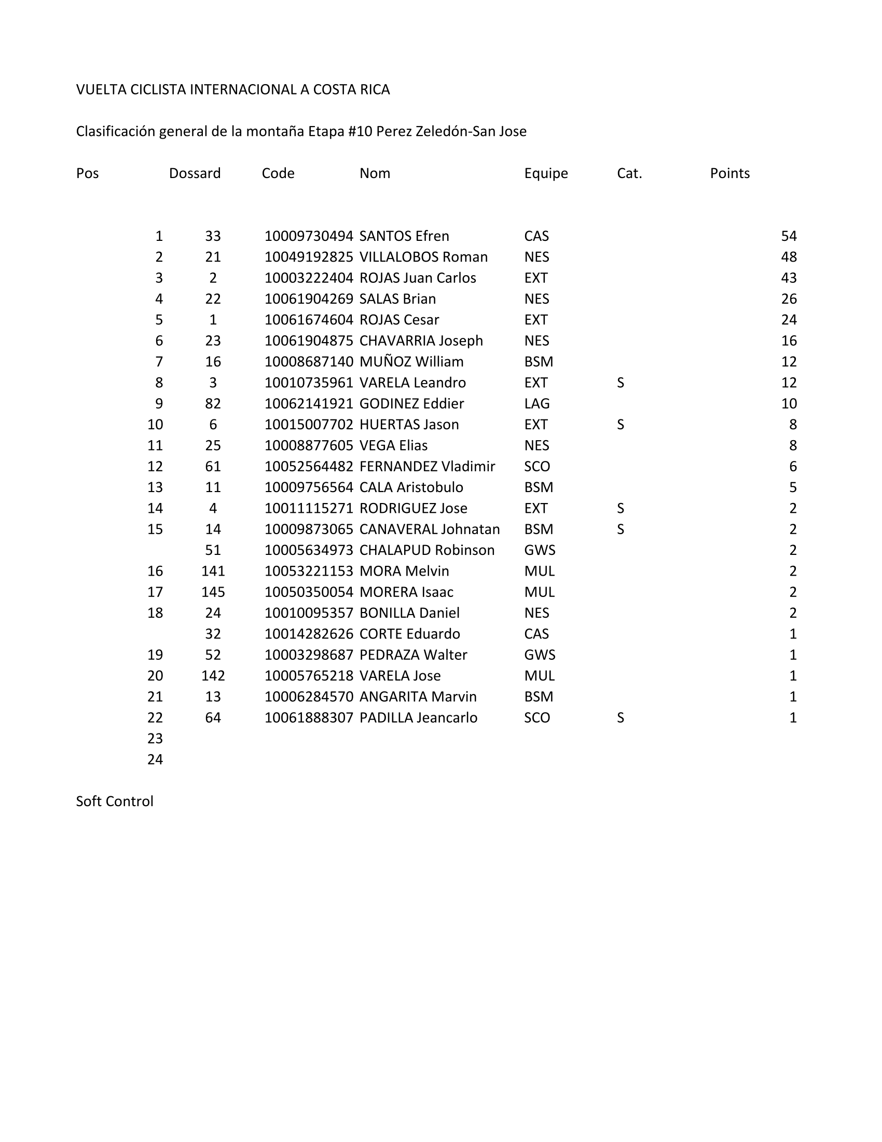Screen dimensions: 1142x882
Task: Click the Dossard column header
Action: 195,173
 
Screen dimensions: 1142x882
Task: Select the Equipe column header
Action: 545,173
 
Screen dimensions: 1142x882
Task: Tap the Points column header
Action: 729,173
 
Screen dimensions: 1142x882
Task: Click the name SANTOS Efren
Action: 404,236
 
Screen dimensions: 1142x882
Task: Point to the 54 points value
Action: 789,236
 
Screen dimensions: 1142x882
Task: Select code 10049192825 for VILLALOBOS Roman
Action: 309,257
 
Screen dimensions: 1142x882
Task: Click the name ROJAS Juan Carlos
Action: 418,278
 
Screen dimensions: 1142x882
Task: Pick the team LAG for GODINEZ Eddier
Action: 536,403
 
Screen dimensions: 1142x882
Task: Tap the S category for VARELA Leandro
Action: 620,382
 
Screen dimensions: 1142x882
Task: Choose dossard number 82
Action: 213,403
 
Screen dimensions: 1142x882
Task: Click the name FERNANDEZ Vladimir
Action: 427,466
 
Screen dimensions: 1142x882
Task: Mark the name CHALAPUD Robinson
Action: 426,550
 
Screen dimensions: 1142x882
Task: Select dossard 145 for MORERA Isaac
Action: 213,591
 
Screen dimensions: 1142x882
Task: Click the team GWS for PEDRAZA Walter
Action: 539,654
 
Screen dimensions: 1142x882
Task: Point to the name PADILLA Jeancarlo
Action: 418,717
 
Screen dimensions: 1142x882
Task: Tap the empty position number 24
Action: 155,759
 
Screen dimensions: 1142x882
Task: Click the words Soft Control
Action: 115,800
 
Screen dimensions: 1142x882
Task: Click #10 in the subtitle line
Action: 360,131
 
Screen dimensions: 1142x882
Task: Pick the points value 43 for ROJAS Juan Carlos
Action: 789,278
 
